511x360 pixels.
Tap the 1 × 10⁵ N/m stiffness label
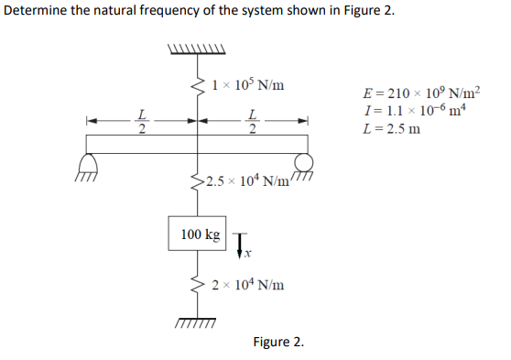pos(246,86)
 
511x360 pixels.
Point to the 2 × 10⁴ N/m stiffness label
pos(248,285)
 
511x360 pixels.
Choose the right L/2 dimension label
pos(251,121)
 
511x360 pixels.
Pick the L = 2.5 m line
pos(392,128)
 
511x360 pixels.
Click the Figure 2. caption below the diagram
pos(278,343)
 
